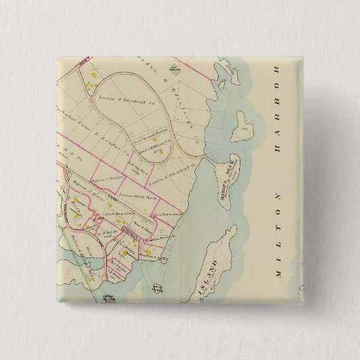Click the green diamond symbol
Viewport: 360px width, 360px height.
pyautogui.click(x=176, y=67)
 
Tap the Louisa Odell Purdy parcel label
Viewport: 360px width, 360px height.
pyautogui.click(x=129, y=196)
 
